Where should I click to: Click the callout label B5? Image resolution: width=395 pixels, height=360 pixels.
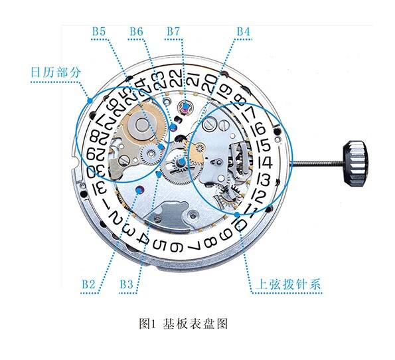(x=99, y=32)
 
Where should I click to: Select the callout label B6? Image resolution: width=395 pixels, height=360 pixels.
(x=136, y=32)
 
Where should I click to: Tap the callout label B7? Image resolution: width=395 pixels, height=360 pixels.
(x=173, y=32)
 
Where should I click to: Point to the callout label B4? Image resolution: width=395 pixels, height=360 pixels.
(x=244, y=32)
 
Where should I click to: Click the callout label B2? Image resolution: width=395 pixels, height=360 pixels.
(x=89, y=284)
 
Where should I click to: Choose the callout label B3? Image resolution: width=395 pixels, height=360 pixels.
(x=126, y=284)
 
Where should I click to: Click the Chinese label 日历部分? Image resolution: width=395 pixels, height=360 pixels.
(x=56, y=72)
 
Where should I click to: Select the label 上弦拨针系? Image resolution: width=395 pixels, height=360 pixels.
(x=288, y=284)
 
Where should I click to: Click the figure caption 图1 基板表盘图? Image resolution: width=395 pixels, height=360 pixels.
(x=183, y=323)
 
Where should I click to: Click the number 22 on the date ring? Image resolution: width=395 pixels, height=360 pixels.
(x=176, y=77)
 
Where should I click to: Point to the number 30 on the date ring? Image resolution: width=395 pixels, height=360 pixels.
(x=96, y=172)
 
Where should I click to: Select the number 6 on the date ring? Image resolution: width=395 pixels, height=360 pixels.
(x=176, y=246)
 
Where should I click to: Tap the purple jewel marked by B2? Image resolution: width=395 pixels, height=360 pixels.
(x=139, y=189)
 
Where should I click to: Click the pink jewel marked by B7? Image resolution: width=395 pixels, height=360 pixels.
(x=185, y=106)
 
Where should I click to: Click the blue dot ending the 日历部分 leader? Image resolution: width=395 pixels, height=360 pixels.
(x=90, y=100)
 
